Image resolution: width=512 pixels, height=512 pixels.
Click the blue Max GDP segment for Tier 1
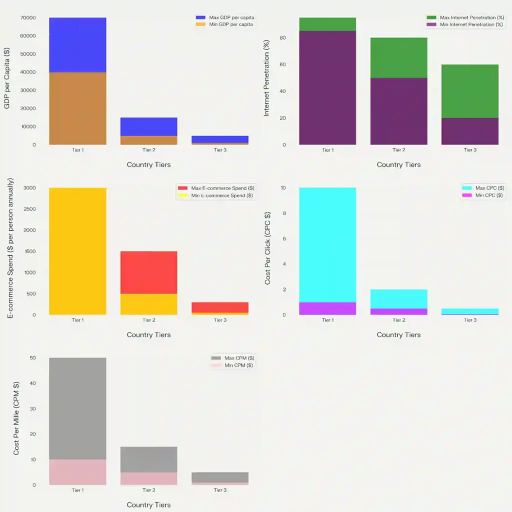point(77,45)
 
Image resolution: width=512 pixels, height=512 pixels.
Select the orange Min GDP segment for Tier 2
point(148,140)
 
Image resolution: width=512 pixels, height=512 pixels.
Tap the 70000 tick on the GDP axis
point(27,18)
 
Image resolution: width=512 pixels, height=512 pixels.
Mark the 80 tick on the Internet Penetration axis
point(282,38)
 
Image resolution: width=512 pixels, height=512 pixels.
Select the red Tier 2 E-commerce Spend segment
point(148,272)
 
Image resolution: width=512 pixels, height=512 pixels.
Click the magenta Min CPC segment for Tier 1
point(327,308)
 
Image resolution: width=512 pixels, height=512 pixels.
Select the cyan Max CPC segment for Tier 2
point(398,298)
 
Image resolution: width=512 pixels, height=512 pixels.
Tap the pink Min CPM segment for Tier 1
point(77,472)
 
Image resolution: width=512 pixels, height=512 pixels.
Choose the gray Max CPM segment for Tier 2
point(148,459)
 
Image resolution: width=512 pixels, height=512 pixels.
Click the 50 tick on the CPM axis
point(32,358)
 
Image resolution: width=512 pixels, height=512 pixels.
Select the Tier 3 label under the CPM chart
point(220,490)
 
